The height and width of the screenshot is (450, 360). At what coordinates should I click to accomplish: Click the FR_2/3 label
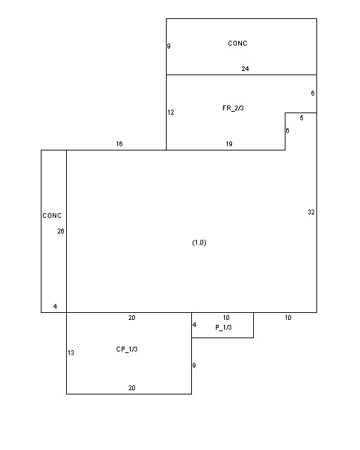pyautogui.click(x=233, y=108)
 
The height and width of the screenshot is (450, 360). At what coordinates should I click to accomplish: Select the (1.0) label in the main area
pyautogui.click(x=199, y=243)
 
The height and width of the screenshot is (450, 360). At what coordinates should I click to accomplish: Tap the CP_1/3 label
pyautogui.click(x=127, y=349)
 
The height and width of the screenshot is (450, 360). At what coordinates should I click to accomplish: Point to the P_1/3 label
pyautogui.click(x=224, y=328)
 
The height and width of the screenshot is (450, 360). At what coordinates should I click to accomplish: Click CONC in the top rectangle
pyautogui.click(x=238, y=44)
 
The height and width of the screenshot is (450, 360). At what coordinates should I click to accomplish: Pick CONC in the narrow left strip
pyautogui.click(x=52, y=216)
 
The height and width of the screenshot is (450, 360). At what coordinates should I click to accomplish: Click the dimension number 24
pyautogui.click(x=245, y=69)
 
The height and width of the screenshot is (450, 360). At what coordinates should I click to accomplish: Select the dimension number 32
pyautogui.click(x=311, y=212)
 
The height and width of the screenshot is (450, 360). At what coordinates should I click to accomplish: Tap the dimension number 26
pyautogui.click(x=61, y=231)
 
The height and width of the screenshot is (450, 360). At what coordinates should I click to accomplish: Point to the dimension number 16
pyautogui.click(x=120, y=143)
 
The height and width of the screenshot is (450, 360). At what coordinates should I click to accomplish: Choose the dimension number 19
pyautogui.click(x=229, y=143)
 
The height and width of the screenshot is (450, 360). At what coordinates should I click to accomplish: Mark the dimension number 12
pyautogui.click(x=171, y=112)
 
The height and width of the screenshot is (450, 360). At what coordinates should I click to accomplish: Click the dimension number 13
pyautogui.click(x=71, y=353)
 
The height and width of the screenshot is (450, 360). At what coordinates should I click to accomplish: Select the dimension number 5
pyautogui.click(x=302, y=118)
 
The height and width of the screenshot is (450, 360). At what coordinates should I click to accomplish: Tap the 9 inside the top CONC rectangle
pyautogui.click(x=169, y=46)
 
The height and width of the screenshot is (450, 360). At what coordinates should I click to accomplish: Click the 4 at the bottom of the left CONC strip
pyautogui.click(x=55, y=307)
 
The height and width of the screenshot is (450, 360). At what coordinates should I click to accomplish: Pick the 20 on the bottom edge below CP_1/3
pyautogui.click(x=131, y=388)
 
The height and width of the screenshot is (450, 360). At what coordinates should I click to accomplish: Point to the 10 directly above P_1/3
pyautogui.click(x=226, y=318)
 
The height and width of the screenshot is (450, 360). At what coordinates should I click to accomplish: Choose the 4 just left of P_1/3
pyautogui.click(x=194, y=325)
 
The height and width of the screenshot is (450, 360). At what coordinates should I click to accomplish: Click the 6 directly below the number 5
pyautogui.click(x=288, y=131)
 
